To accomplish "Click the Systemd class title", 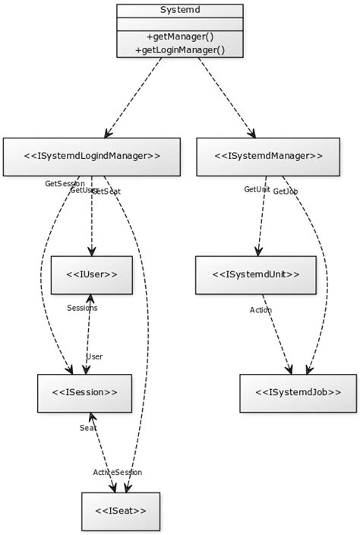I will point(180,11).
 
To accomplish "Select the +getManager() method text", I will point(180,36).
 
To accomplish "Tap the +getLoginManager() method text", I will point(180,49).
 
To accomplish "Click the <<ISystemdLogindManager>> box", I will point(92,157).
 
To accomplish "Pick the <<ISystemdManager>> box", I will point(268,157).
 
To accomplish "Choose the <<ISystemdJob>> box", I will point(298,393).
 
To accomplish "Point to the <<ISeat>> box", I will point(121,511).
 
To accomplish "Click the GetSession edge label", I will point(64,183).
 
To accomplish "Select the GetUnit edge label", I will point(257,188).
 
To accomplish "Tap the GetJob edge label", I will point(285,192).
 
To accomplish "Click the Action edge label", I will point(261,309).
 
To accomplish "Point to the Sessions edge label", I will point(82,308).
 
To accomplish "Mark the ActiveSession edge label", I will point(117,472).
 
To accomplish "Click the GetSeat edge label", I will point(107,192).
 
